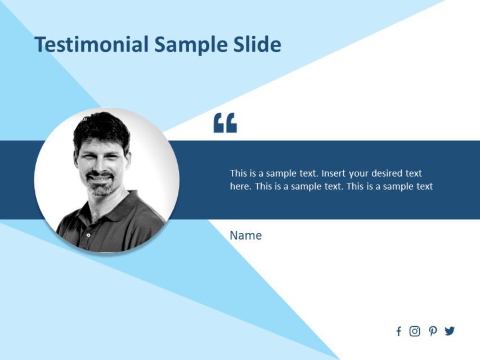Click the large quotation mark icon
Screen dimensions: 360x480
click(225, 123)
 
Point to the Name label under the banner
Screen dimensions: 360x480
click(245, 235)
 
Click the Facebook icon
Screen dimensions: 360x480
click(398, 331)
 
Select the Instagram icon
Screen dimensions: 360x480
click(415, 331)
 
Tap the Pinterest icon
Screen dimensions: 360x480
click(432, 331)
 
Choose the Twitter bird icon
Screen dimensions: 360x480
click(449, 331)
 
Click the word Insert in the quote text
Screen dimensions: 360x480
click(334, 173)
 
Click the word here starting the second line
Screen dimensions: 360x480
click(240, 187)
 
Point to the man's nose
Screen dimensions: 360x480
click(100, 167)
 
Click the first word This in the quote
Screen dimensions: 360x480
click(239, 173)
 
